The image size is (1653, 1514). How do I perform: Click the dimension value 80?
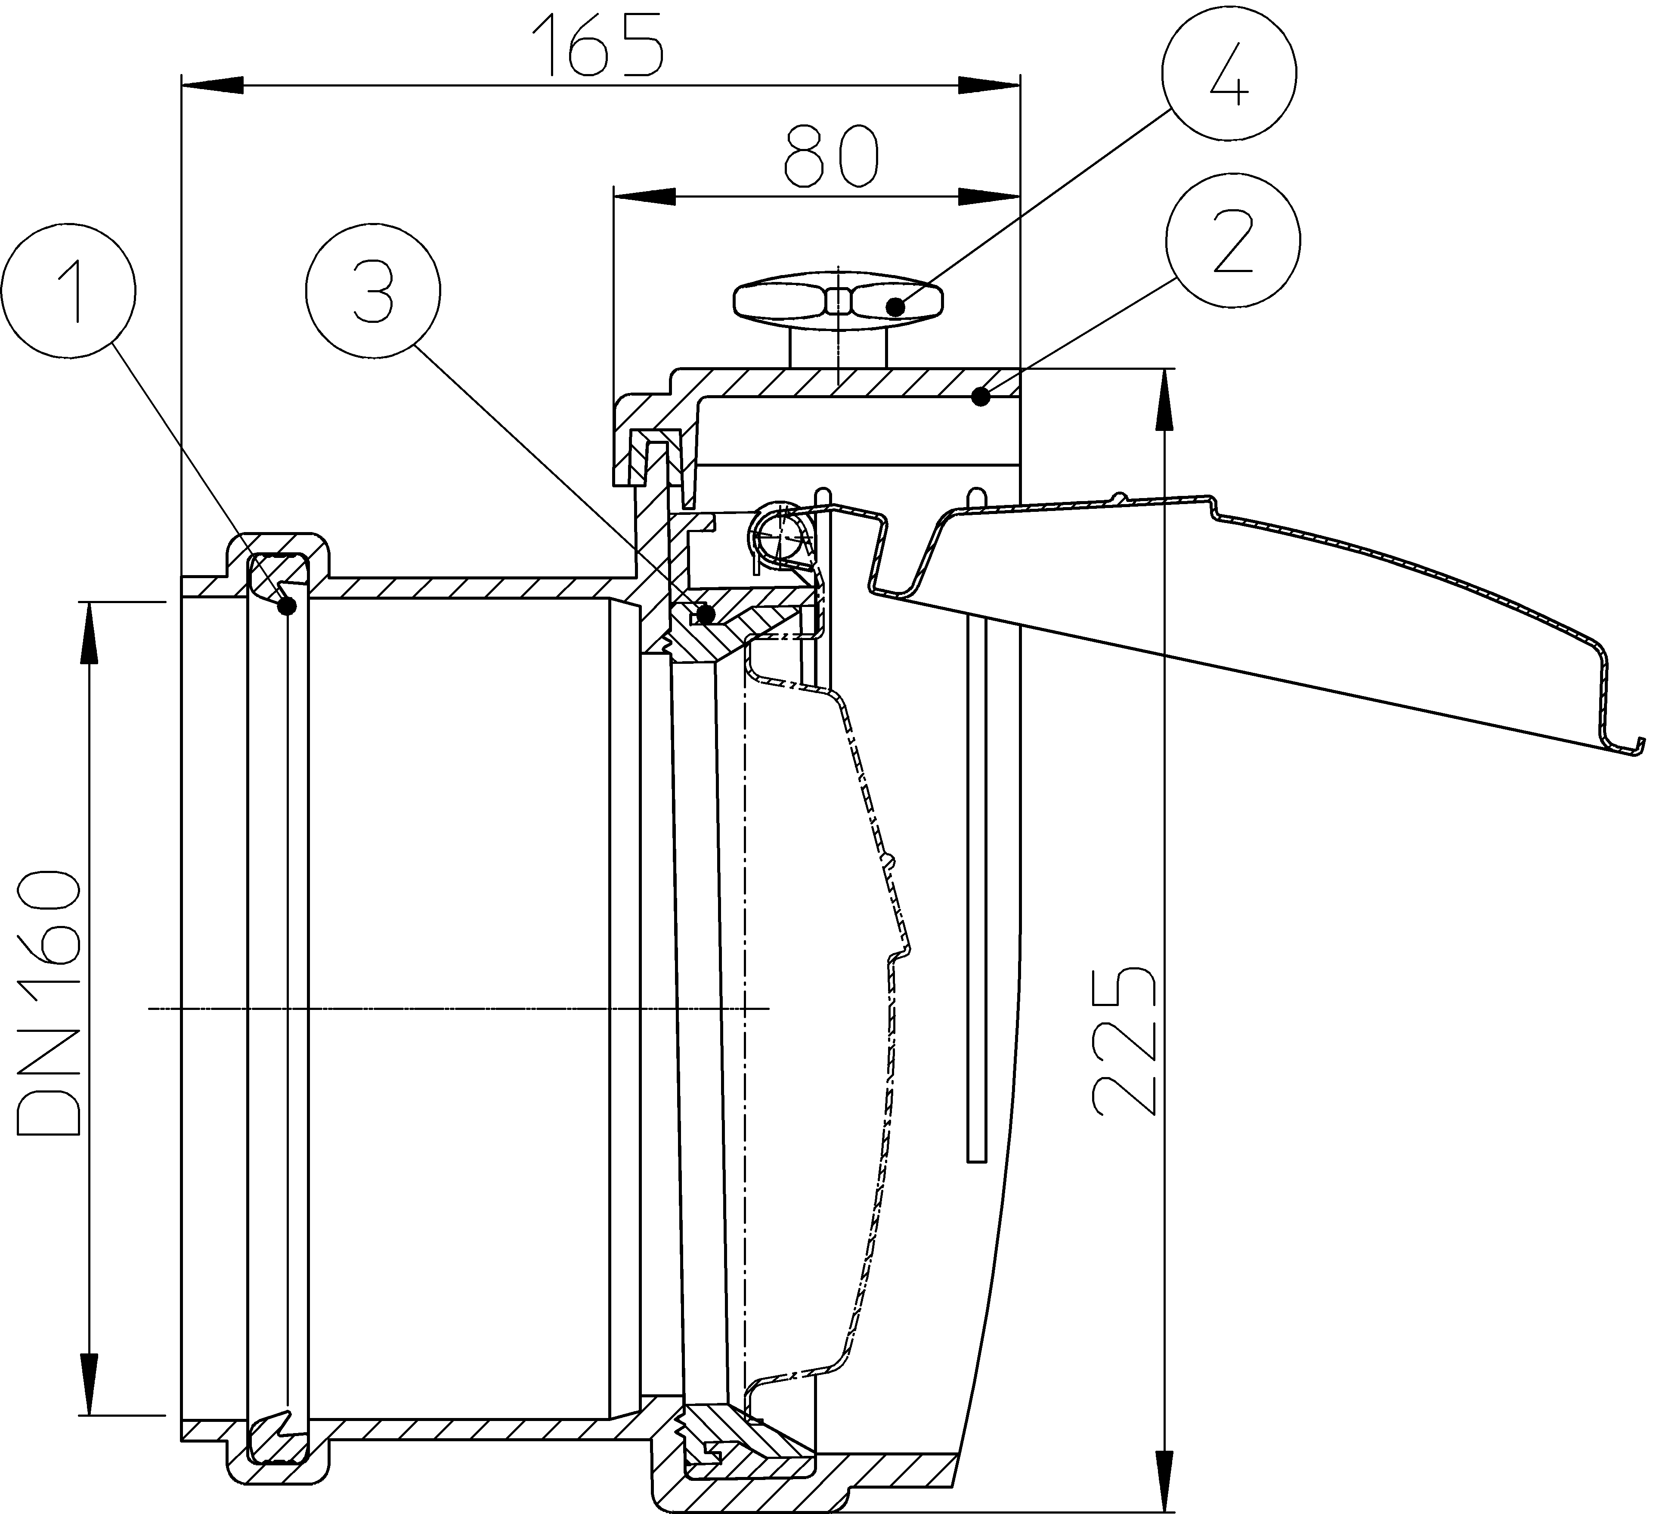(x=831, y=156)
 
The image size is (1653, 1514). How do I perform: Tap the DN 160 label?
(x=49, y=1003)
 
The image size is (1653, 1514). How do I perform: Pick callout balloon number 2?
(x=1232, y=240)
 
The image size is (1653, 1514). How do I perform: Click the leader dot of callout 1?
(x=287, y=606)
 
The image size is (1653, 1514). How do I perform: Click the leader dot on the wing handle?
(x=895, y=307)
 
